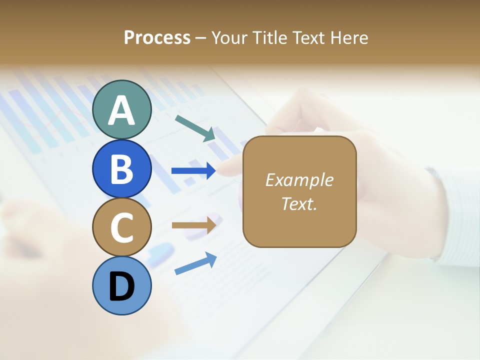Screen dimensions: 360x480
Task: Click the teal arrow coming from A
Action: (195, 128)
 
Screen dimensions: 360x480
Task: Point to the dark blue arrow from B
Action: (193, 171)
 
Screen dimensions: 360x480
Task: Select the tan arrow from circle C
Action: (193, 225)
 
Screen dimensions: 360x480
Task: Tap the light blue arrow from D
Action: (195, 264)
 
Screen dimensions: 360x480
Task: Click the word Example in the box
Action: (299, 180)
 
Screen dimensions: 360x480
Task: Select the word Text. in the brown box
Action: (299, 203)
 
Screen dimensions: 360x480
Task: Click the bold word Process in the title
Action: (157, 37)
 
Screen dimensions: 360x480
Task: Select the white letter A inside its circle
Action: (122, 110)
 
